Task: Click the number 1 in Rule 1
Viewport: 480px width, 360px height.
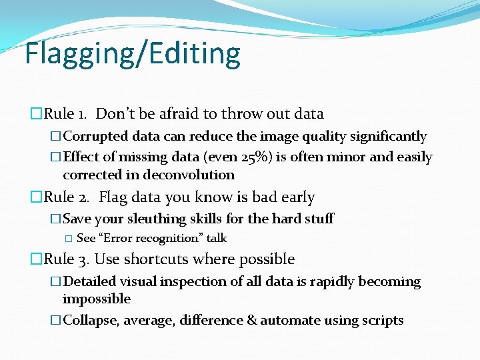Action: point(79,114)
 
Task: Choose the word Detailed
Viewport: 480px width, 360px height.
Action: point(89,282)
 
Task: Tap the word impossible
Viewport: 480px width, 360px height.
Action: point(96,299)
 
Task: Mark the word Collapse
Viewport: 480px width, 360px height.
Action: point(91,321)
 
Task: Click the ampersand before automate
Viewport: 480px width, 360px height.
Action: point(251,321)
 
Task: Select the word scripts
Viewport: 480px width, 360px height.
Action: point(382,321)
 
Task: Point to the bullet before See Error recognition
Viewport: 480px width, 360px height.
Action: point(68,239)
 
